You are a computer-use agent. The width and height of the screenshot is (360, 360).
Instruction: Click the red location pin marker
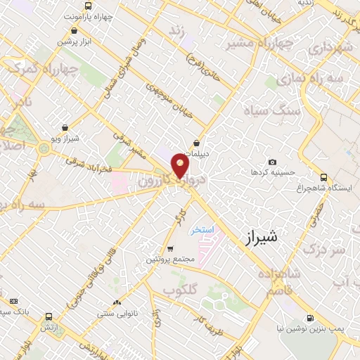[180, 167]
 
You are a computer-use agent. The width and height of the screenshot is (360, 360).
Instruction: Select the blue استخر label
[202, 229]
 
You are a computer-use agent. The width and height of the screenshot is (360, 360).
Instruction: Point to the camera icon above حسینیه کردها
[272, 162]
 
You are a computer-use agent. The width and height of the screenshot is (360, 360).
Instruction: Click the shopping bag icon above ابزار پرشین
[75, 30]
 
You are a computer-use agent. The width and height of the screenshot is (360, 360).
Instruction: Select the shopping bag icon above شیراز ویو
[65, 128]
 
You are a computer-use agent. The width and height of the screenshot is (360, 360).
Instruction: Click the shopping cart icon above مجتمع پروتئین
[169, 249]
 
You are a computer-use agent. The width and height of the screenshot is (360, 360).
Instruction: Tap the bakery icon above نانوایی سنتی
[117, 302]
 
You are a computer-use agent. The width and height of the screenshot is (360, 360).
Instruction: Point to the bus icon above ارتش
[48, 316]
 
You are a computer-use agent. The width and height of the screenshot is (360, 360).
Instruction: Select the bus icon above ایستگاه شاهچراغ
[323, 177]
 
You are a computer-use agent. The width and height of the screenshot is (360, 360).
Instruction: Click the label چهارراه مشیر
[250, 44]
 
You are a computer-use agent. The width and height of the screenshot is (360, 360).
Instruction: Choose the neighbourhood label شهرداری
[329, 49]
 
